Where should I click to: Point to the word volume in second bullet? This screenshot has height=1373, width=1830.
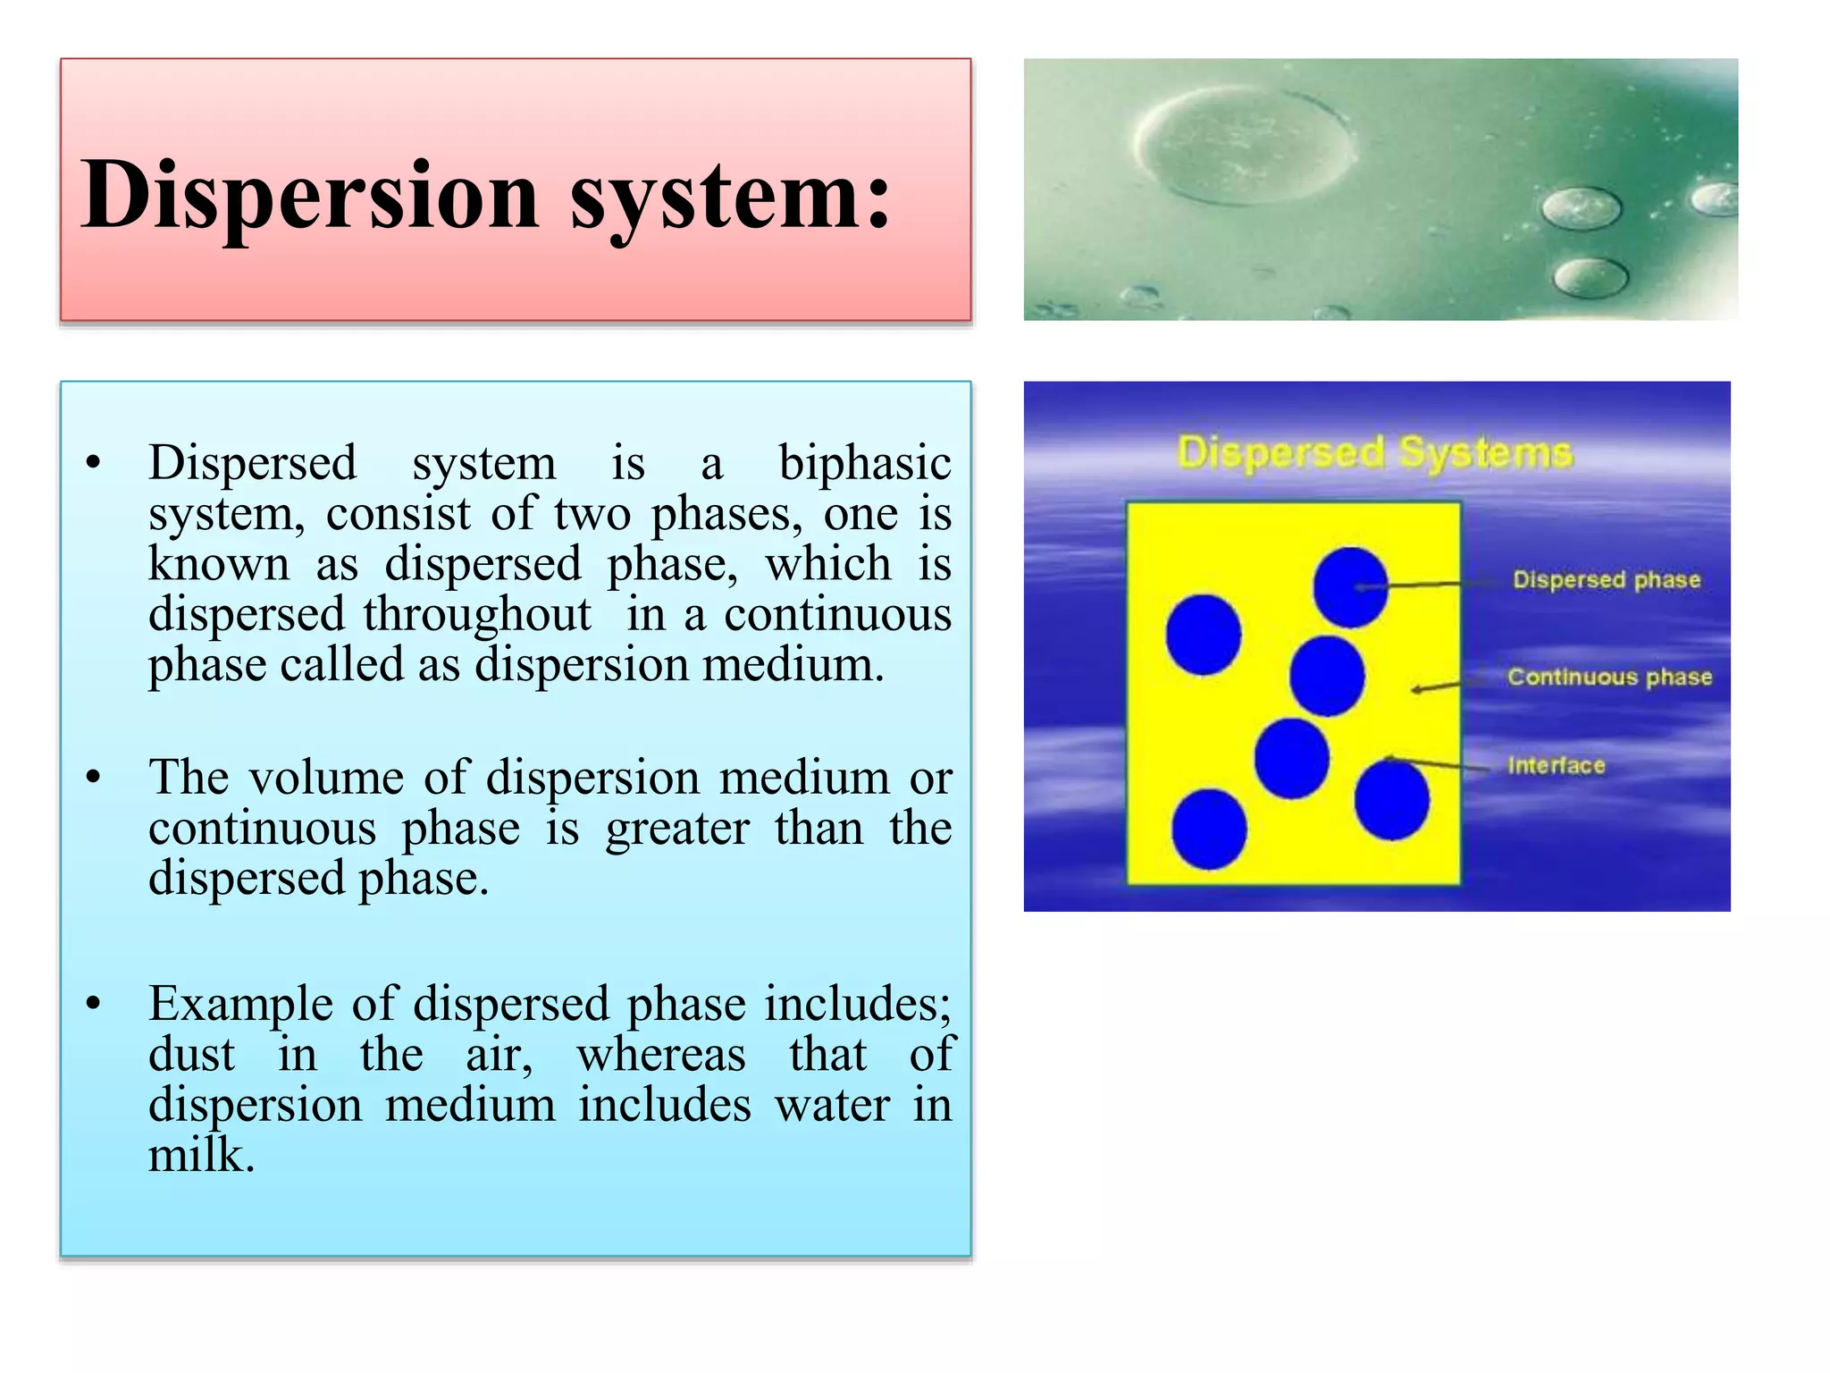(326, 778)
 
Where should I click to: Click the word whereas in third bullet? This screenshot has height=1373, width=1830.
(660, 1055)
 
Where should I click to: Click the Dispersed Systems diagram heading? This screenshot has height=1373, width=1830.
(1374, 452)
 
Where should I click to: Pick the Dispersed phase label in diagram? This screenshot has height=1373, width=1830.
(1606, 580)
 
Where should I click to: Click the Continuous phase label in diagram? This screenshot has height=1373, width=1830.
(1609, 677)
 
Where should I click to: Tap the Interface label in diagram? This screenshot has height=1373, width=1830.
(1556, 765)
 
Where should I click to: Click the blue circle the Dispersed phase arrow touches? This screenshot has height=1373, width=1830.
(1349, 587)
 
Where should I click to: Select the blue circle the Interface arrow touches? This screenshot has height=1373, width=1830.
(1391, 800)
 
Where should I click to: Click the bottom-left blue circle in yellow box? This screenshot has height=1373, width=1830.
(1209, 829)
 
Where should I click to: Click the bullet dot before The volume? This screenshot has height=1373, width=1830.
(94, 778)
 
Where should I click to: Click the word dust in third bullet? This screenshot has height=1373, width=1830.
(191, 1055)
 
